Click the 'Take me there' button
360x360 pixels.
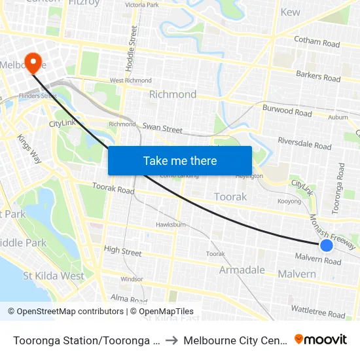coord(180,160)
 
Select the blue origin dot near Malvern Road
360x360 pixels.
coord(327,245)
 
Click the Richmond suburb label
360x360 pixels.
coord(173,94)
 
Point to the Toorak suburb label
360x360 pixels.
coord(230,196)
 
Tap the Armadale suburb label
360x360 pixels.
coord(242,270)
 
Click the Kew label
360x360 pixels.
coord(290,12)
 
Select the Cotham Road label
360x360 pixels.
coord(317,42)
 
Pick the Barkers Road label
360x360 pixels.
coord(318,77)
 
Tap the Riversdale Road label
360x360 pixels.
coord(304,143)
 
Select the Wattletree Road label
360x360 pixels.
coord(317,311)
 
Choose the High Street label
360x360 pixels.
coord(122,250)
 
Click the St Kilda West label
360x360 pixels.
coord(54,276)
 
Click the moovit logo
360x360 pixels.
coord(321,340)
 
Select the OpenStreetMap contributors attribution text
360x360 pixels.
coord(65,312)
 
